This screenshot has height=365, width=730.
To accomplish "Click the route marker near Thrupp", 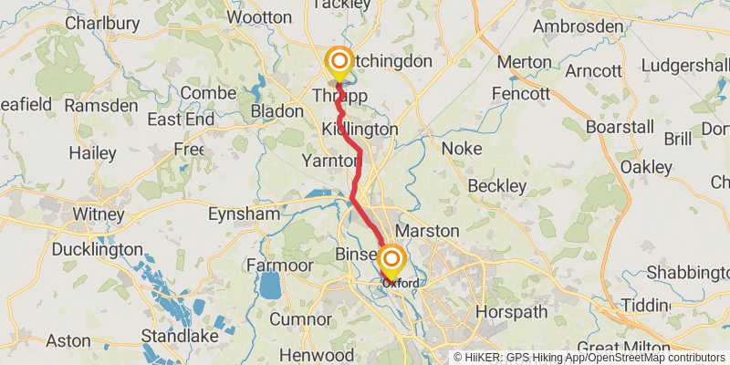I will (339, 64).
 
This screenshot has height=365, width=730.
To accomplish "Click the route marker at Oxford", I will (391, 260).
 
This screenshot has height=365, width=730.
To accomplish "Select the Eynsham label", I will (244, 214).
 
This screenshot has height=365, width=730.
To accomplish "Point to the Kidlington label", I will (360, 130).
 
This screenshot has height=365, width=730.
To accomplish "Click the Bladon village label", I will (276, 110).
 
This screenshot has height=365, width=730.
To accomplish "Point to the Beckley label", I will (496, 186).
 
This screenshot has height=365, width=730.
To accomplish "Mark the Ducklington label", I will (97, 249).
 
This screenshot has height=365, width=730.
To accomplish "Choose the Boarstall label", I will (620, 127).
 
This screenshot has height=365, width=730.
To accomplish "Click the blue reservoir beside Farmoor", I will (270, 287).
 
